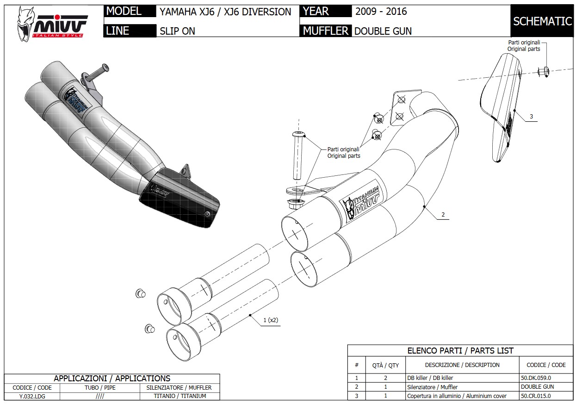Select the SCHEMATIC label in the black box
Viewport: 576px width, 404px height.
coord(542,21)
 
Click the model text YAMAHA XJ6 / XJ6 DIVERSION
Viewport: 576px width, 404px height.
coord(225,12)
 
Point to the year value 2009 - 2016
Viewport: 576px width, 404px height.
coord(381,11)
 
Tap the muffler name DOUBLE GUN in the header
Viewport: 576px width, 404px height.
coord(383,31)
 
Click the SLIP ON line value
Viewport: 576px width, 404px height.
coord(177,31)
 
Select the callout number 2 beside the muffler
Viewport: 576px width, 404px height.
coord(443,215)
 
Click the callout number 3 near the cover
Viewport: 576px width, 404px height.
coord(531,117)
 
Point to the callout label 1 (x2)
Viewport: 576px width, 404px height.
coord(271,320)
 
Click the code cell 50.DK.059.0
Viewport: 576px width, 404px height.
coord(536,378)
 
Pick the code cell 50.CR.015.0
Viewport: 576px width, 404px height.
coord(536,396)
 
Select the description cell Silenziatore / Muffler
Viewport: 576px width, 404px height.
coord(432,387)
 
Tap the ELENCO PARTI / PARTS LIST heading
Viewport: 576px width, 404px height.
coord(460,351)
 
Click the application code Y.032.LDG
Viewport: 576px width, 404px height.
coord(32,396)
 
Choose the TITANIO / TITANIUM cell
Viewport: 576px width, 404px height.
coord(180,396)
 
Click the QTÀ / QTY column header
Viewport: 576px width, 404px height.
coord(385,365)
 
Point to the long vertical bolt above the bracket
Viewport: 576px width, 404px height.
coord(297,155)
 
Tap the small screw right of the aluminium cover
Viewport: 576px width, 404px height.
coord(544,71)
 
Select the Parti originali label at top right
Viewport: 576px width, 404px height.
coord(524,43)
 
